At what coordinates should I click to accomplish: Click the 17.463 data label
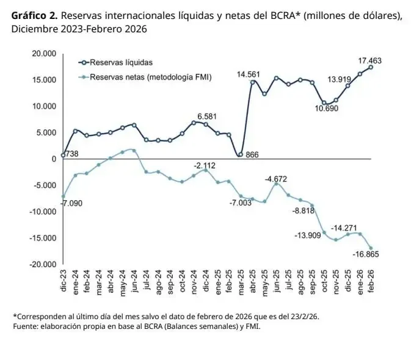[x=370, y=60]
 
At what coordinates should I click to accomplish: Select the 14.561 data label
[x=249, y=74]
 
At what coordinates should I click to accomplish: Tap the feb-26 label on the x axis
[x=371, y=282]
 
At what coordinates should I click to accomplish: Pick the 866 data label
[x=252, y=155]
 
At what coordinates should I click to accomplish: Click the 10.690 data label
[x=327, y=109]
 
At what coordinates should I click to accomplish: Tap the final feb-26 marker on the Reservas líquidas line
[x=371, y=67]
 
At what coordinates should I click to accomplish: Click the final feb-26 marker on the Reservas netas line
[x=371, y=248]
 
